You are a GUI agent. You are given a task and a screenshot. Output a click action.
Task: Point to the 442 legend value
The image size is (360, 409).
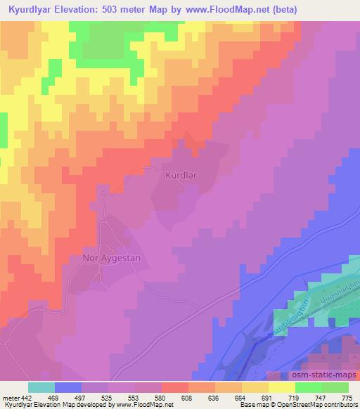pyautogui.click(x=27, y=398)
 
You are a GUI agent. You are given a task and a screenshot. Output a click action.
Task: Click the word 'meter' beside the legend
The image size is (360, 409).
pyautogui.click(x=10, y=398)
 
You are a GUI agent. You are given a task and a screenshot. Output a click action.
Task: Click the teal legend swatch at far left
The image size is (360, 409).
pyautogui.click(x=41, y=387)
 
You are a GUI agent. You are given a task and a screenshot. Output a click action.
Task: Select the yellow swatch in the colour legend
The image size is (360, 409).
pyautogui.click(x=282, y=387)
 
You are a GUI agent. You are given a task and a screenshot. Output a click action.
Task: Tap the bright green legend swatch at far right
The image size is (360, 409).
pyautogui.click(x=335, y=387)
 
